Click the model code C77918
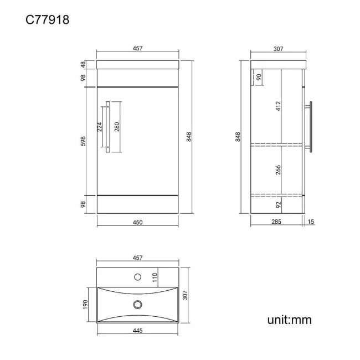(47, 19)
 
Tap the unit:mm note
(289, 320)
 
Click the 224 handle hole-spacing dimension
(99, 127)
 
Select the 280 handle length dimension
(117, 127)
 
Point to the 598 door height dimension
(83, 141)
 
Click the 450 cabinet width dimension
(137, 222)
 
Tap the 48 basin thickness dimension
(83, 64)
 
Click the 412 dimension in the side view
(278, 106)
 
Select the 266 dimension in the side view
(278, 170)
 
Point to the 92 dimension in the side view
(278, 205)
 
